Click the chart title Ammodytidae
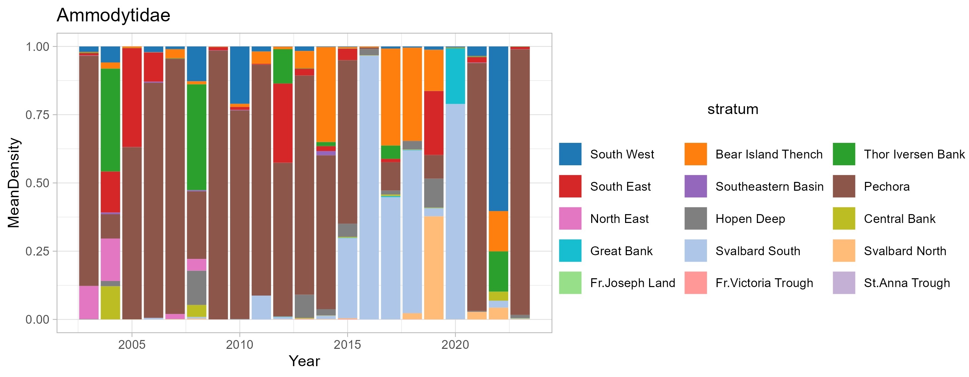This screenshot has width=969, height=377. click(113, 16)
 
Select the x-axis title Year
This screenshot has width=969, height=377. click(304, 361)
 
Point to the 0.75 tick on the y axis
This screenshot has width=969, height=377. click(37, 115)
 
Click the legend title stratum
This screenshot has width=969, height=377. click(733, 109)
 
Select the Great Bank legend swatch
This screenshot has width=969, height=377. click(570, 250)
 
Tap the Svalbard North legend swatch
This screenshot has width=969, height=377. click(844, 250)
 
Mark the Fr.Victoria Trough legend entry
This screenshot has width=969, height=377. click(764, 283)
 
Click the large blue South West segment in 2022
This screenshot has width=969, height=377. click(498, 128)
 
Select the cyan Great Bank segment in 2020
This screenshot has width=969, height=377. click(455, 75)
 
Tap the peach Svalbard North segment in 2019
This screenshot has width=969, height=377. click(434, 267)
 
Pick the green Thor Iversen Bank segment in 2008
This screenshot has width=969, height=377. click(197, 137)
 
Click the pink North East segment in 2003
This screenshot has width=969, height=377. click(89, 302)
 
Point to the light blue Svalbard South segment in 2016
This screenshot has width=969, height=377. click(369, 188)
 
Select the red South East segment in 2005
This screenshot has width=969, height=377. click(132, 97)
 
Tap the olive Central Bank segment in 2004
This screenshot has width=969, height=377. click(110, 302)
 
